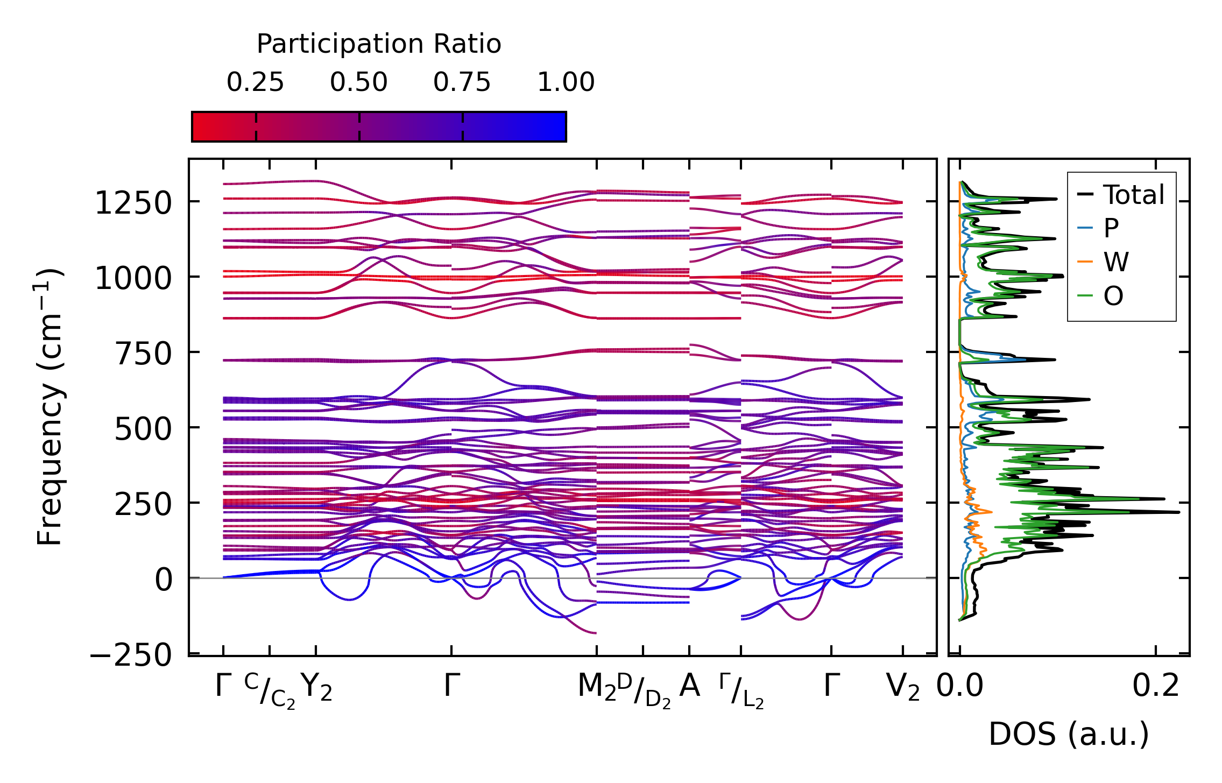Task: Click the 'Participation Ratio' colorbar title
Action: (379, 44)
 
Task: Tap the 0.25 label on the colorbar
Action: (255, 82)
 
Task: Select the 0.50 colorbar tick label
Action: (359, 82)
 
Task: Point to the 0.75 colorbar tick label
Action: (462, 82)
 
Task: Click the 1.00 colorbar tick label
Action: (566, 82)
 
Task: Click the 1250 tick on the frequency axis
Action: (133, 203)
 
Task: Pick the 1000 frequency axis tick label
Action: (133, 279)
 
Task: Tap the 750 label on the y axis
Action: (143, 354)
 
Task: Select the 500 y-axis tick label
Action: (143, 429)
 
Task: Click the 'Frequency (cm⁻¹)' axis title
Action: (50, 407)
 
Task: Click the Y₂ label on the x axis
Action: (316, 687)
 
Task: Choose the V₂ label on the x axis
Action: (903, 687)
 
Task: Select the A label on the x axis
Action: (689, 686)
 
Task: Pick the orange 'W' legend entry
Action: (1116, 262)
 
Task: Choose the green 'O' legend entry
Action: (1113, 296)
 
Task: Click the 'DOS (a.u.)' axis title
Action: (1069, 734)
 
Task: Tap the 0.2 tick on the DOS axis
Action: (1156, 686)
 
